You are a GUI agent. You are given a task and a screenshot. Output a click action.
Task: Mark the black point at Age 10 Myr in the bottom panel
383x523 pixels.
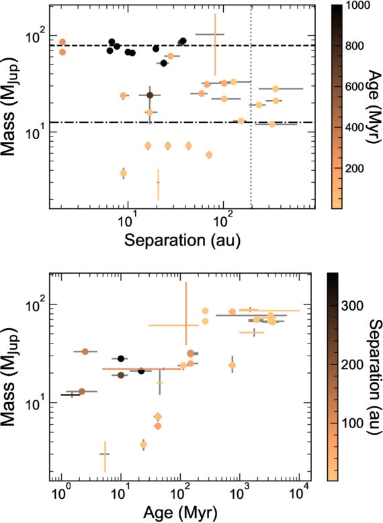[x=121, y=359]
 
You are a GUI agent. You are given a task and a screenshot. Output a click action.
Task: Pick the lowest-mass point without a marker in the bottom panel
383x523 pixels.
[x=104, y=454]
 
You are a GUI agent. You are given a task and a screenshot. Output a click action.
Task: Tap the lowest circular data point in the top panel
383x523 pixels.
[x=123, y=173]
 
